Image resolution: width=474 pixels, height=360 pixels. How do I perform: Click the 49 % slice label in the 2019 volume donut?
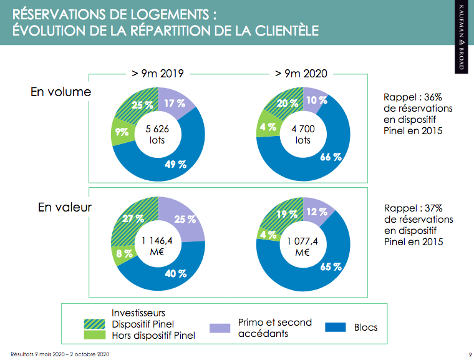[175, 165]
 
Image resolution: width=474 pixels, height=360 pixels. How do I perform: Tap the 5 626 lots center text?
[157, 134]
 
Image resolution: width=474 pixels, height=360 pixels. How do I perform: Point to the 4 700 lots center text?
[302, 134]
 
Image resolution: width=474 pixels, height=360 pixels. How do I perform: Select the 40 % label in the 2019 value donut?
[175, 273]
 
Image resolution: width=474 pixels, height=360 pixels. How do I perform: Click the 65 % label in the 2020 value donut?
[331, 266]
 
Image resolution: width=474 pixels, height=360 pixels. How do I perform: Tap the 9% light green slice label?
[121, 132]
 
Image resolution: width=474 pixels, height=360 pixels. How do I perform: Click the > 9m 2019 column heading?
[157, 73]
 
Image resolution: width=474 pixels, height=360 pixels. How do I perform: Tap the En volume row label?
[60, 92]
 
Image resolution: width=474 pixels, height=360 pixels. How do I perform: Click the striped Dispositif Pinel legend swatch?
[94, 324]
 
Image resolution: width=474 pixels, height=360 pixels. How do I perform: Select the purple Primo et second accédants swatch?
[220, 328]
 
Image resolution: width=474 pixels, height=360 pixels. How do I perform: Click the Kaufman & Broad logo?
[462, 37]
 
